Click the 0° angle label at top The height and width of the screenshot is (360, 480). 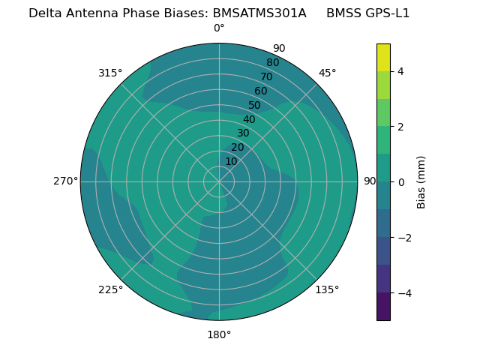click(219, 28)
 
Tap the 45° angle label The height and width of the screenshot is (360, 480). click(327, 73)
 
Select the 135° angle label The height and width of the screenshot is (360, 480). click(327, 289)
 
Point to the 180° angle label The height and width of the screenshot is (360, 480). click(219, 334)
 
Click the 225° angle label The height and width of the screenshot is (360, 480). click(110, 289)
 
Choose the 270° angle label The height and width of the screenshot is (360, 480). click(65, 181)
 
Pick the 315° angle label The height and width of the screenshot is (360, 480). click(110, 73)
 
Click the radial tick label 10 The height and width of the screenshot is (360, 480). click(231, 161)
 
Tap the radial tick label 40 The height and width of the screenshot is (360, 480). click(249, 119)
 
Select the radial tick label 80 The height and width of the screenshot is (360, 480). click(272, 63)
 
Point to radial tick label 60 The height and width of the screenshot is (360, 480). click(260, 91)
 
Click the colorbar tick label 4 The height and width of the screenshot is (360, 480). click(400, 71)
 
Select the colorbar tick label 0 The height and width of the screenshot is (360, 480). click(400, 182)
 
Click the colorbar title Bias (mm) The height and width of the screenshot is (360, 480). click(421, 182)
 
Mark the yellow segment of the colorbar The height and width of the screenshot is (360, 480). click(383, 57)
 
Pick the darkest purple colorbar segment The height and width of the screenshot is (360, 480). click(383, 307)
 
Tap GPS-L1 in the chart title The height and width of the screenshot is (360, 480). click(385, 13)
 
